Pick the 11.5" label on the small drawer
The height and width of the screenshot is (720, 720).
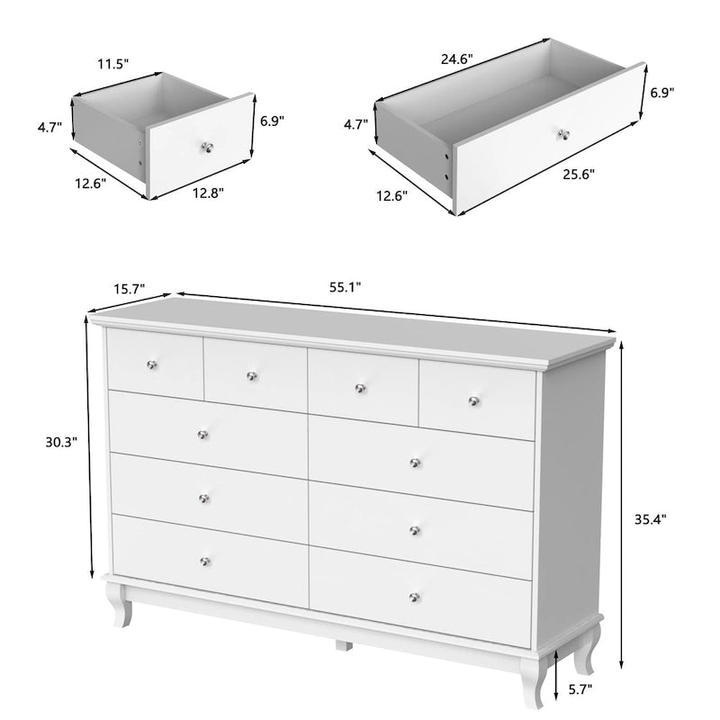pyautogui.click(x=112, y=66)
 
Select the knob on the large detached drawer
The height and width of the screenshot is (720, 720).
pyautogui.click(x=565, y=135)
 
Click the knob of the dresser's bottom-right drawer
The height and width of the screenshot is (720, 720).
pyautogui.click(x=415, y=597)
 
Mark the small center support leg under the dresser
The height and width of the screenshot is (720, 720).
pyautogui.click(x=343, y=644)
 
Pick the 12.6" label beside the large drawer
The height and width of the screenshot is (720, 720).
pyautogui.click(x=391, y=194)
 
